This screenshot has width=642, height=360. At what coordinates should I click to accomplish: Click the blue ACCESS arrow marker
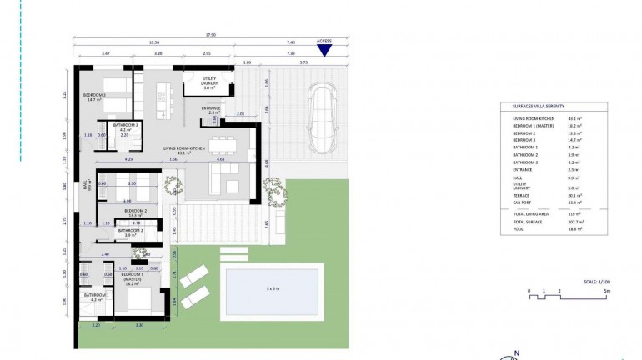[x=324, y=51]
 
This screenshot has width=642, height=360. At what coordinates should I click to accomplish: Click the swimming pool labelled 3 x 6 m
[x=272, y=289]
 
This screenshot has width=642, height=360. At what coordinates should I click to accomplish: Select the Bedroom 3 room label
[x=94, y=96]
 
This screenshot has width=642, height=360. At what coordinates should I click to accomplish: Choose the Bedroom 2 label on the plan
[x=135, y=212]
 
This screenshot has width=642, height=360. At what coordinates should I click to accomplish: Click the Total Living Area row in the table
[x=533, y=214]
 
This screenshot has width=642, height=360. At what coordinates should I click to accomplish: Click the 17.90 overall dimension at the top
[x=212, y=35]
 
